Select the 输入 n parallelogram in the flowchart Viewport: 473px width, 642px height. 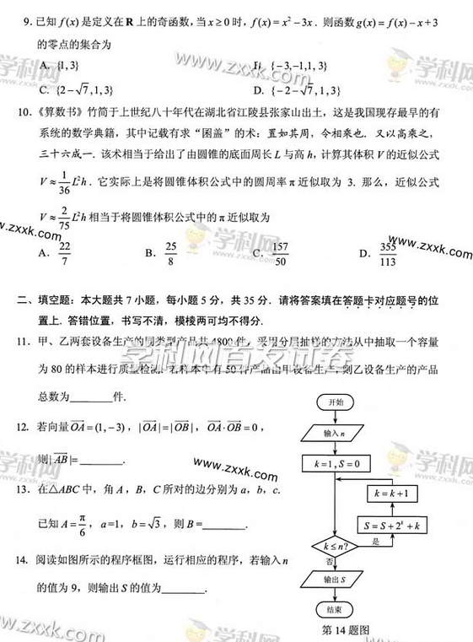click(335, 434)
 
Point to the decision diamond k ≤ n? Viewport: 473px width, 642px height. click(334, 548)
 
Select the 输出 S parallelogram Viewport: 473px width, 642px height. click(335, 580)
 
